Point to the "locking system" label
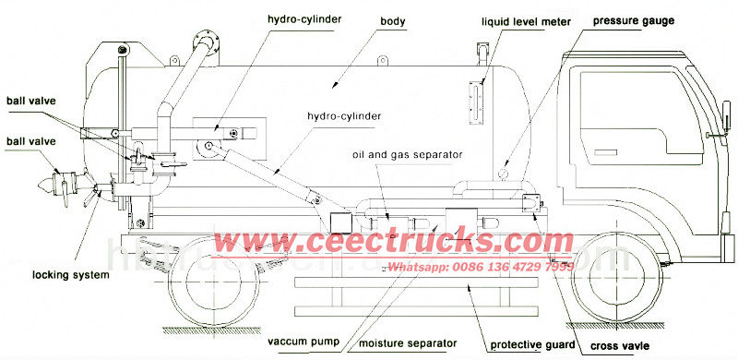point(71,275)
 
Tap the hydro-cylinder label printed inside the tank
point(346,116)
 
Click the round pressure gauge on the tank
point(504,172)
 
